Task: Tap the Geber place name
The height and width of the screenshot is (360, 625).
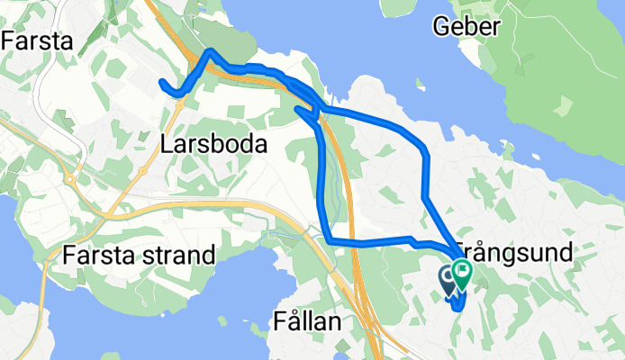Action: [x=466, y=27]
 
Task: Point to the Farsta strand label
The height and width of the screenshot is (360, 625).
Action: [x=139, y=256]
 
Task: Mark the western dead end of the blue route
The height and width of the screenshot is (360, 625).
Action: [x=161, y=83]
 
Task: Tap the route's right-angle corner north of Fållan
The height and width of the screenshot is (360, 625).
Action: [x=330, y=240]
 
